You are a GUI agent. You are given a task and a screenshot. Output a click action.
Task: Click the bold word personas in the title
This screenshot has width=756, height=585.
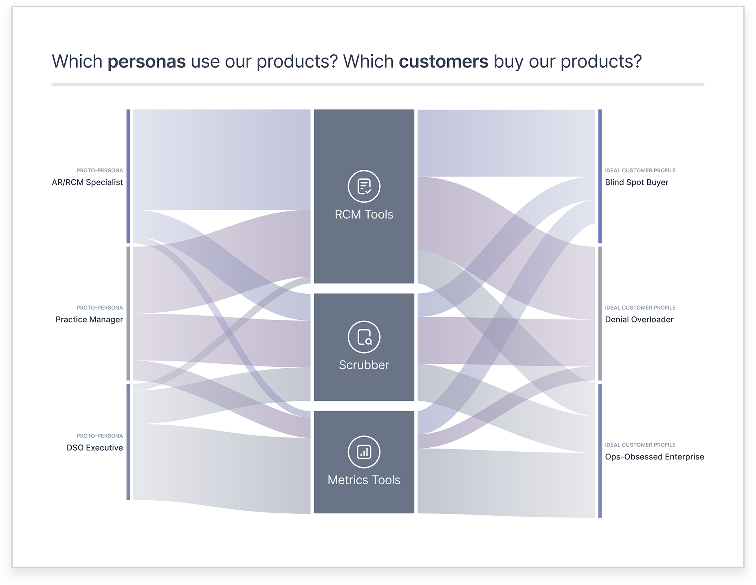147,62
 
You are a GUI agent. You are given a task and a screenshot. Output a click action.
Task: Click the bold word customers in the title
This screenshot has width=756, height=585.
443,62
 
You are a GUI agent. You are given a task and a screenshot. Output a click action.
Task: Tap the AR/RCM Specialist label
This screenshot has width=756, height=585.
87,183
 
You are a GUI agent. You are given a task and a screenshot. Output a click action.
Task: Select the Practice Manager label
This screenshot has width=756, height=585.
89,320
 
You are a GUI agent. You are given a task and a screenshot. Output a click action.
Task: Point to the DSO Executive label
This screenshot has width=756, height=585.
95,448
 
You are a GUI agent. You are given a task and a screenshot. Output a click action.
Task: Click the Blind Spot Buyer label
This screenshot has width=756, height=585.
637,183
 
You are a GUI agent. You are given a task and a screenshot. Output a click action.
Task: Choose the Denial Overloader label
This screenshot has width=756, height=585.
639,320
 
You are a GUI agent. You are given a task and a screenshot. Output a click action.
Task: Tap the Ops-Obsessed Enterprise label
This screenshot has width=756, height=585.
654,457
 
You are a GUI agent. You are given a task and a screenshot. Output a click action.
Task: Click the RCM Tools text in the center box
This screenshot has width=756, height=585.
364,215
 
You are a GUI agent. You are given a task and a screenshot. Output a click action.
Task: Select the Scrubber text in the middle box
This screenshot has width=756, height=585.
364,365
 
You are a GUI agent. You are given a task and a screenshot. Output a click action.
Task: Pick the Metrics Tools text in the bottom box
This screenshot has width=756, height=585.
364,480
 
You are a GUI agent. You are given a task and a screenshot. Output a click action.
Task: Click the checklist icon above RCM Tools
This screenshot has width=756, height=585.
364,186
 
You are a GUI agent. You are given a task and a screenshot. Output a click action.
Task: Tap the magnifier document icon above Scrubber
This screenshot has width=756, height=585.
364,337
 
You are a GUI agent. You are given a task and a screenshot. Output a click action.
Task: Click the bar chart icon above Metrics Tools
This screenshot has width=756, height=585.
364,452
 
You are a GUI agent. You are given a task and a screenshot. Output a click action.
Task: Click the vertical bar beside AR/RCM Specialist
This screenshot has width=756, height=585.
128,176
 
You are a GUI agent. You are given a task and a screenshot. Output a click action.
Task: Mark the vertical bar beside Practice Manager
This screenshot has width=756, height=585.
128,313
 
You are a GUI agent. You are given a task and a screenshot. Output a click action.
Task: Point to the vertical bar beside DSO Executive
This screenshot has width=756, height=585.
128,442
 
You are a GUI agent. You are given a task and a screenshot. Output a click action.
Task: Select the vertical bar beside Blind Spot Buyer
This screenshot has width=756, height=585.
600,176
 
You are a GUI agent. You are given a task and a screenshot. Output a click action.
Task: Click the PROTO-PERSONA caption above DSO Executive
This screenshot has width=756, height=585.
100,436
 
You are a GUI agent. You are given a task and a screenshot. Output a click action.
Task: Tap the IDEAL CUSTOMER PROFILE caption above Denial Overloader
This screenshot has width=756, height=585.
640,308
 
